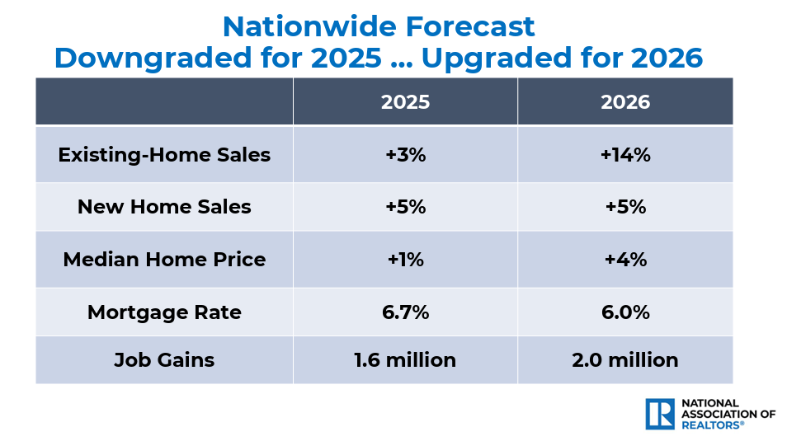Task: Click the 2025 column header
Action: pos(405,102)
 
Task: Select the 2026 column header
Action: pos(625,102)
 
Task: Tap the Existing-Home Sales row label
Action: pos(164,155)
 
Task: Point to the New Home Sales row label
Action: pos(164,207)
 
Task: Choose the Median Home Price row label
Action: pos(164,260)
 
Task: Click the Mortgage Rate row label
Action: pos(164,312)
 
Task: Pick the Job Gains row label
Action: pos(164,360)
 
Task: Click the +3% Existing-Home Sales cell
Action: pos(405,155)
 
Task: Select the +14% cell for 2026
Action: pos(625,155)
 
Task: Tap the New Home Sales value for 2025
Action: pos(405,207)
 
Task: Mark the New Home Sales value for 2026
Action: pos(625,207)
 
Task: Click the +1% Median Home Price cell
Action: pos(405,260)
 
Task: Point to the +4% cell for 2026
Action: pos(625,260)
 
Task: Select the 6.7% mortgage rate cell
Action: pos(405,312)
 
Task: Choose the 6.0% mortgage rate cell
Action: pos(625,312)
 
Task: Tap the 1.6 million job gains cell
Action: pos(405,360)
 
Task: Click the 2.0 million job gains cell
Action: pos(625,360)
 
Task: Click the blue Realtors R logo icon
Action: pos(661,413)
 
